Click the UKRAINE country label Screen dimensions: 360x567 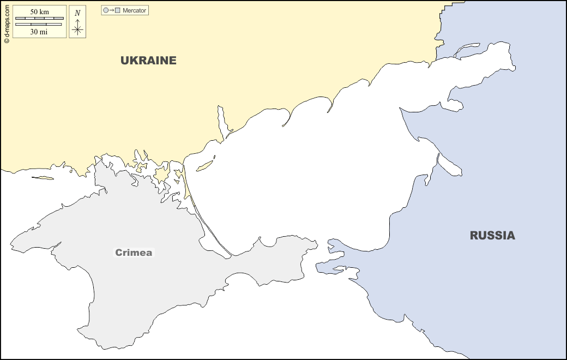coord(148,61)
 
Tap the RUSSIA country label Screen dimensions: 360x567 coord(492,236)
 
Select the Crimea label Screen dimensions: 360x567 coord(134,253)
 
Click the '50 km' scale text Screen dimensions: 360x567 coord(39,12)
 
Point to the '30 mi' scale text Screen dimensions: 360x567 coord(39,32)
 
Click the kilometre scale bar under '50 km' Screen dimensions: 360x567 coord(39,19)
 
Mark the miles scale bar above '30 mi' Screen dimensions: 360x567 coord(39,25)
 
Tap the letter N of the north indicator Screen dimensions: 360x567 coord(77,13)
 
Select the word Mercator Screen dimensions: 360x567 coord(134,10)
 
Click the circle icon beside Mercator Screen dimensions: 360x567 coord(106,10)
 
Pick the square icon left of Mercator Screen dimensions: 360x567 coord(117,10)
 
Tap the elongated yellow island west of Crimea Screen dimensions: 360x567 coord(43,177)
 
